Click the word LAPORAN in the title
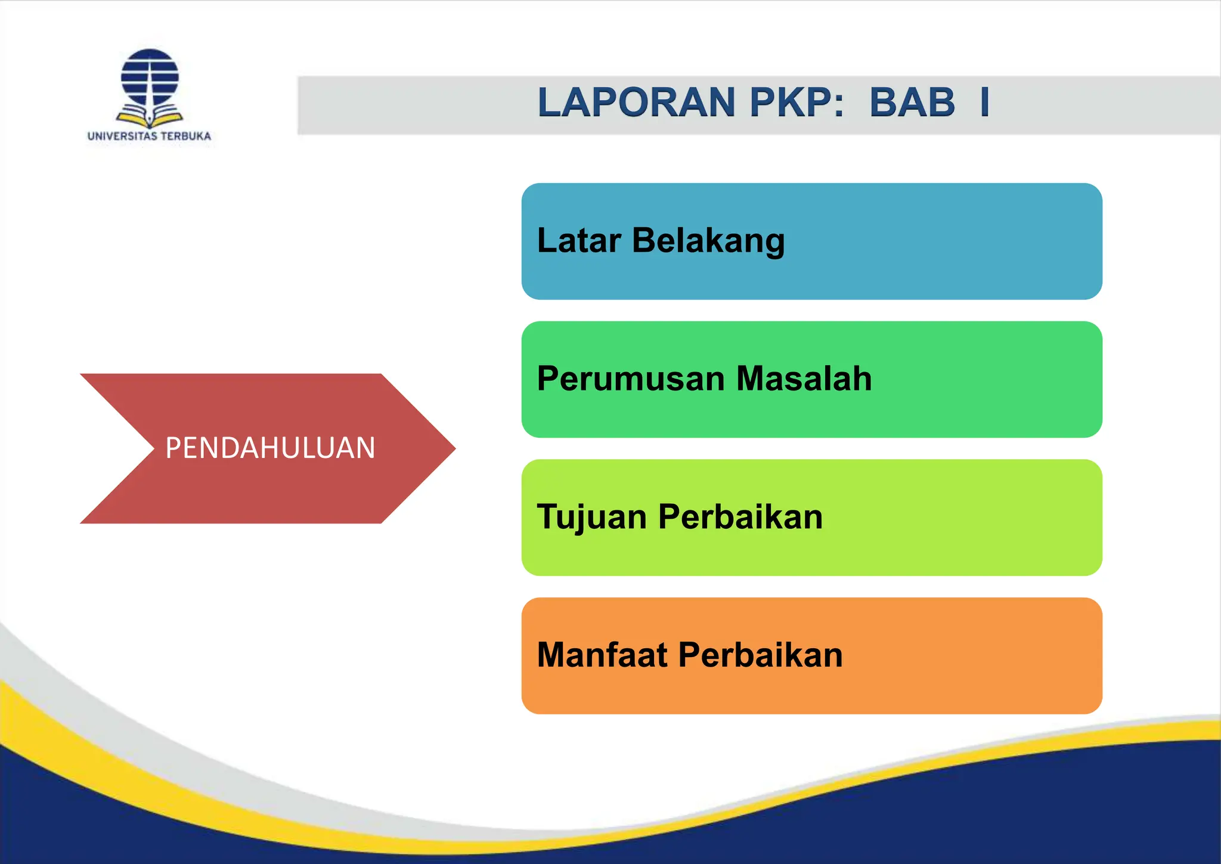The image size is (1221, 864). [636, 103]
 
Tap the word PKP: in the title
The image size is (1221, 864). [797, 103]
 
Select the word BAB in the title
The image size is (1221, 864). [912, 103]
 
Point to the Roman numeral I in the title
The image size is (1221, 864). [985, 103]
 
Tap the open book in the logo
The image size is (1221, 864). [150, 116]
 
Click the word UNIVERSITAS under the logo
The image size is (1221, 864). [122, 136]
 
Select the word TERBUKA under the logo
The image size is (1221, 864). [186, 136]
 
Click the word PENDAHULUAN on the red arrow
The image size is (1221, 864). [270, 448]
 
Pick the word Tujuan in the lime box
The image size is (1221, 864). [591, 518]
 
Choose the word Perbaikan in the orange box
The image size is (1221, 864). [760, 655]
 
